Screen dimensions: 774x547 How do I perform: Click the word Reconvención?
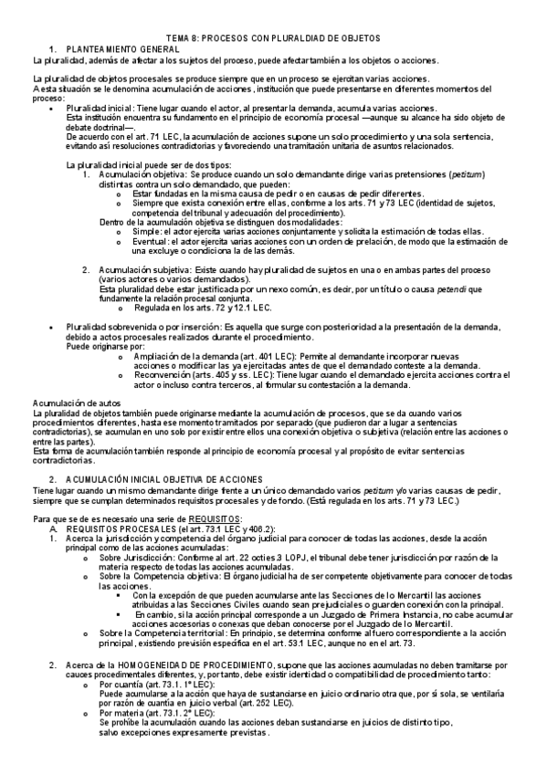point(165,374)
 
